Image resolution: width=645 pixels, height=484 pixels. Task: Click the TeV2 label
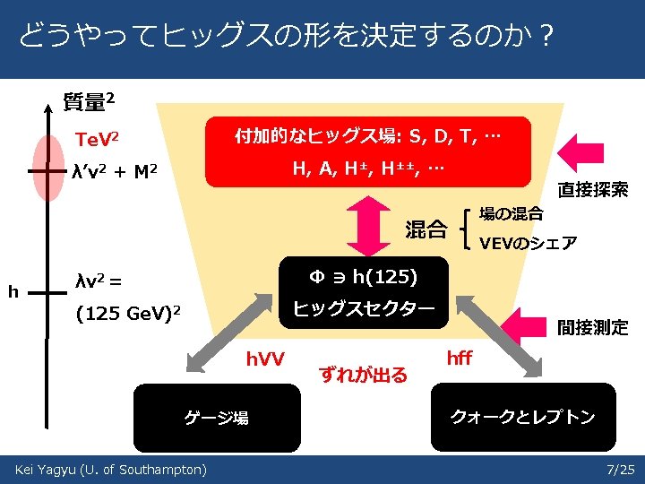tap(98, 140)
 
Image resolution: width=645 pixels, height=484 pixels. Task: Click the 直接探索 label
tap(592, 190)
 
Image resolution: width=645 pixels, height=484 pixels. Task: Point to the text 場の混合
tap(512, 213)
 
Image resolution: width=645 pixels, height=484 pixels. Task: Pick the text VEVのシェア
tap(528, 243)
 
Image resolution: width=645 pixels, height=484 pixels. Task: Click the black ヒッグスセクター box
tap(363, 291)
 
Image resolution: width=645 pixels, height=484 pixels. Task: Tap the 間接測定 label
tap(592, 327)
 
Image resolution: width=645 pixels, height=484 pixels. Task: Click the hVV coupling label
tap(265, 359)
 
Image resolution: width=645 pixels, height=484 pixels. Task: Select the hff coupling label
tap(459, 359)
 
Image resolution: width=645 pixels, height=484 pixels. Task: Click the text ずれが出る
tap(363, 374)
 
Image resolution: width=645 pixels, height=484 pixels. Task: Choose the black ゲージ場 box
tap(217, 417)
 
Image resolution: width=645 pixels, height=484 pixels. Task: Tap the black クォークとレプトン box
tap(523, 416)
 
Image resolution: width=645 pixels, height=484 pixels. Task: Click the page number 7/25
tap(620, 470)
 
